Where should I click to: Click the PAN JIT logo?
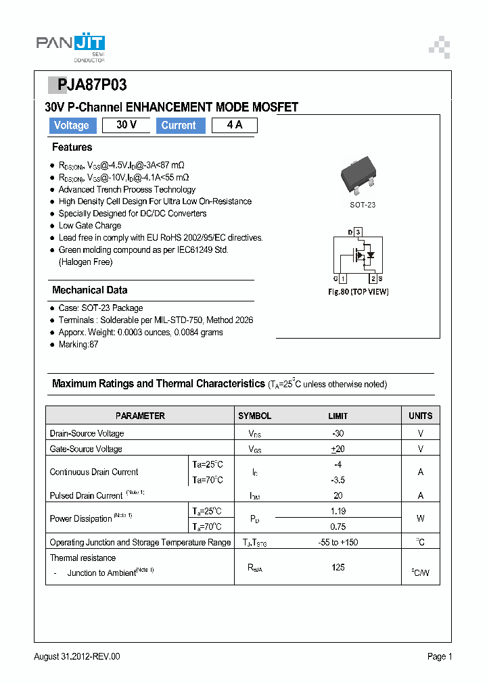70,46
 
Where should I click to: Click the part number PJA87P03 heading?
87,85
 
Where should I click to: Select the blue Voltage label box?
72,126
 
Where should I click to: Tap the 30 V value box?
126,125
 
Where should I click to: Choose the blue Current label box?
179,126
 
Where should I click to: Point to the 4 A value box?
234,125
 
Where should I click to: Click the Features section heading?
72,147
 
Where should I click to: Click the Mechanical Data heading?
90,290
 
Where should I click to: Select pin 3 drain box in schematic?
358,232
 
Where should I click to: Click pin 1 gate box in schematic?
343,278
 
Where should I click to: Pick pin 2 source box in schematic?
373,278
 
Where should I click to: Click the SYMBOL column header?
254,416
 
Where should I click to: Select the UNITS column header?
420,416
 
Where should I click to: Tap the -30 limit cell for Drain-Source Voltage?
338,433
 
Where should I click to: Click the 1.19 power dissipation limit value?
338,512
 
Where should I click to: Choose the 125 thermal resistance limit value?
338,568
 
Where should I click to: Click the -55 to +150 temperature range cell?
338,542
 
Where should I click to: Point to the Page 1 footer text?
440,656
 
